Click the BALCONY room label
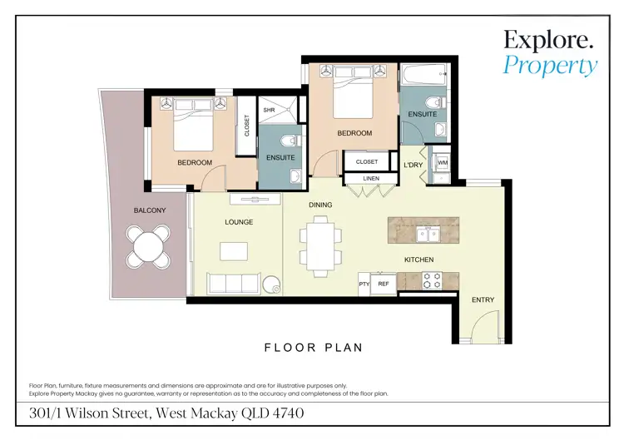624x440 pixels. click(150, 210)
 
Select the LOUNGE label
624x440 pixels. click(239, 222)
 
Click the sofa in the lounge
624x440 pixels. click(235, 284)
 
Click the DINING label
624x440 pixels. click(320, 205)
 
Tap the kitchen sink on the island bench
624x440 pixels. click(429, 230)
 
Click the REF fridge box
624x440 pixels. click(384, 284)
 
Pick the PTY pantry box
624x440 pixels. click(364, 284)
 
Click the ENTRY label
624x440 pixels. click(483, 299)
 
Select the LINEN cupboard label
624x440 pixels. click(371, 178)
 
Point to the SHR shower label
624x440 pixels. click(270, 110)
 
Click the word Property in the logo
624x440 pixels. click(550, 65)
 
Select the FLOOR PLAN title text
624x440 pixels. click(313, 348)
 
